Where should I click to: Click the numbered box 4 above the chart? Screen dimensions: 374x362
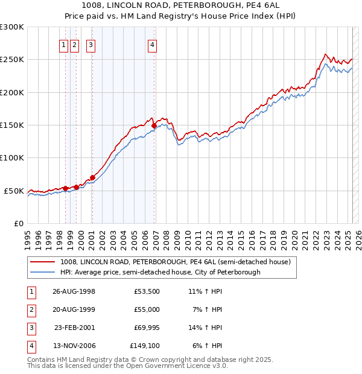153,44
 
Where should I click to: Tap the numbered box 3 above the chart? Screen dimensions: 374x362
91,44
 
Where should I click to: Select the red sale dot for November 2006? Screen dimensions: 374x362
154,125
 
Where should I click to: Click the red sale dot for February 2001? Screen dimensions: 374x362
92,177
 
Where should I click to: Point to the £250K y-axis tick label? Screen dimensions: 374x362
13,60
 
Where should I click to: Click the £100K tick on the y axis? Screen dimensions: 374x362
13,157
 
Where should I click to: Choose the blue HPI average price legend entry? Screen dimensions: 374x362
160,272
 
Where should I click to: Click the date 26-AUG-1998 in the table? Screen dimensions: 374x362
74,291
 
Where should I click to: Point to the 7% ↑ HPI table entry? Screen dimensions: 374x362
207,309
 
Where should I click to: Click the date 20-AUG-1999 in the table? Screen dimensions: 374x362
74,309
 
